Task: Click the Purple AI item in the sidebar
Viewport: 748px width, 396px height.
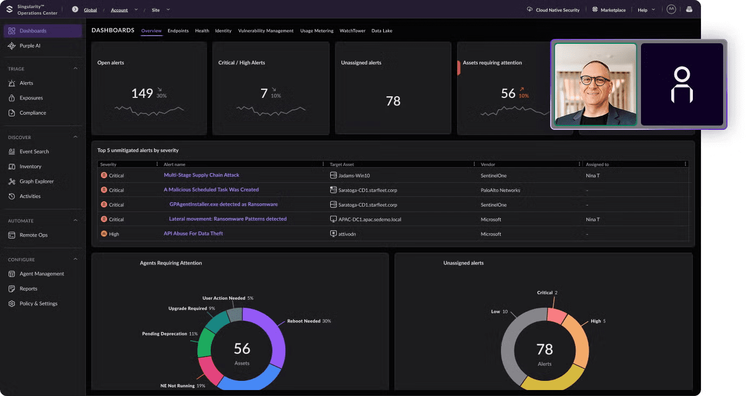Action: coord(30,46)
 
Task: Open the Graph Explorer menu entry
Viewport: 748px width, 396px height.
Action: coord(36,181)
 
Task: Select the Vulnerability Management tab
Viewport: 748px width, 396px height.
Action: coord(265,31)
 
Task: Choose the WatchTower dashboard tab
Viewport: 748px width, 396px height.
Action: coord(352,31)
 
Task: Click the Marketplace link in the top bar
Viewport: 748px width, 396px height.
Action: coord(612,10)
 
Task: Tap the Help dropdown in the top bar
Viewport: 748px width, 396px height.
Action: coord(646,10)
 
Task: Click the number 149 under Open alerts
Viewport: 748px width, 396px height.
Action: coord(142,94)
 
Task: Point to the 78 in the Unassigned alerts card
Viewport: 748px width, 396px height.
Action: coord(393,101)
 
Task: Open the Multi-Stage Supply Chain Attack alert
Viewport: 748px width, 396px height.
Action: coord(201,175)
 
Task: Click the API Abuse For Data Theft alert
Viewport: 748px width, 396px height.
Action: coord(193,234)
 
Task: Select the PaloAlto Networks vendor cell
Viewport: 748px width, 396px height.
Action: coord(500,190)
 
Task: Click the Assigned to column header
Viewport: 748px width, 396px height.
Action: coord(597,164)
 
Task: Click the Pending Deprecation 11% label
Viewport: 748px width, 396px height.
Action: coord(170,334)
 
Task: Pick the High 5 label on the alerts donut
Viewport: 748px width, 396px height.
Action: coord(598,321)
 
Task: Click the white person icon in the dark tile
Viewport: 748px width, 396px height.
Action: coord(682,85)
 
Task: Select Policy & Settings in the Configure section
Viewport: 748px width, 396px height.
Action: coord(38,303)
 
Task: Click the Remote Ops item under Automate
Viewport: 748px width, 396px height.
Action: coord(34,235)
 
